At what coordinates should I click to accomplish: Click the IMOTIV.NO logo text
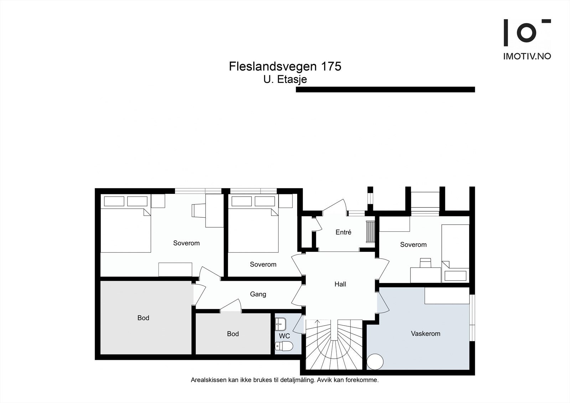tap(527, 56)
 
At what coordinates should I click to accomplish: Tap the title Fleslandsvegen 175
tap(285, 67)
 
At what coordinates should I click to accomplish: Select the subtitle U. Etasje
tap(285, 79)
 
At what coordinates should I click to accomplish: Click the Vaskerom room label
tap(425, 334)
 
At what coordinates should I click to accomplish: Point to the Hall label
tap(340, 284)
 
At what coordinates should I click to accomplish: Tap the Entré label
tap(343, 232)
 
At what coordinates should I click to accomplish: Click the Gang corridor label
tap(258, 294)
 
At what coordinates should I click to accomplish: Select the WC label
tap(284, 336)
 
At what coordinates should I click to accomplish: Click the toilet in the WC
tap(284, 346)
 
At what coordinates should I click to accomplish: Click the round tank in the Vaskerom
tap(375, 362)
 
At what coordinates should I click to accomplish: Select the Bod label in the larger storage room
tap(143, 318)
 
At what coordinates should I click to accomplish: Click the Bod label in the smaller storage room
tap(233, 334)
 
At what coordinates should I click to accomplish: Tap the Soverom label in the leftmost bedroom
tap(186, 243)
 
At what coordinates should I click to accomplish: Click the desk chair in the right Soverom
tap(425, 263)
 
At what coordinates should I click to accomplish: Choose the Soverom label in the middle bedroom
tap(263, 264)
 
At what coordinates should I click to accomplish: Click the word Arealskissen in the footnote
tap(208, 380)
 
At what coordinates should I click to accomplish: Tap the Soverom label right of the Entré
tap(413, 245)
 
